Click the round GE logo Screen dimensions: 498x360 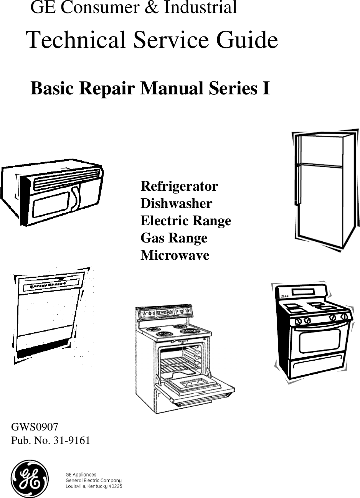point(30,478)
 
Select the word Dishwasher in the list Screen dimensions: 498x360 point(176,203)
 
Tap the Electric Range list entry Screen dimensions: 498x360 point(186,221)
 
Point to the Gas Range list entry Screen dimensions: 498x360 point(174,238)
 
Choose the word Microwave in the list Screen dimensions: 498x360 point(175,255)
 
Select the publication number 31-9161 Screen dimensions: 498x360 point(71,440)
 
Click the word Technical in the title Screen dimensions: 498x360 point(78,40)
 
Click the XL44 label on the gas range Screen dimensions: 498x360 point(284,296)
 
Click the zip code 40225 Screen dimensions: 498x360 point(115,486)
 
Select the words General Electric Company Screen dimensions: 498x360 point(94,480)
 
